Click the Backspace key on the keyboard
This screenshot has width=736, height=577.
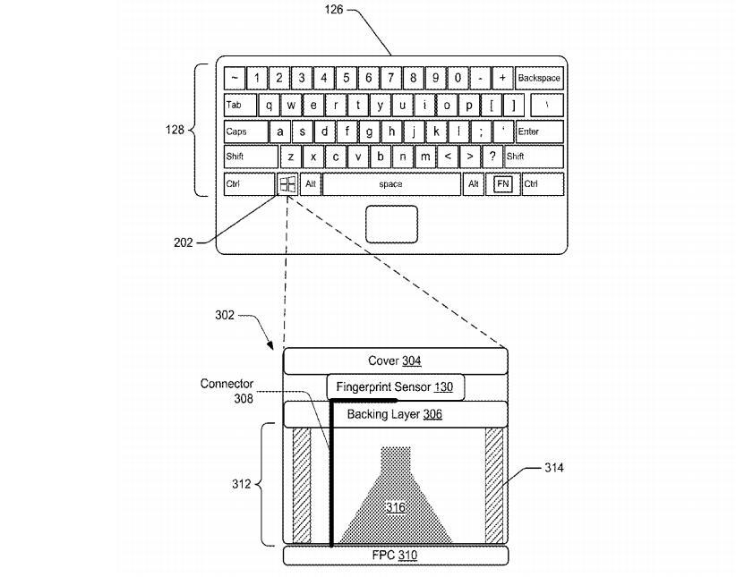[539, 78]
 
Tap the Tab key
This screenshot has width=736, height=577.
[239, 105]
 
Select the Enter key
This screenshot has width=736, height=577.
[538, 132]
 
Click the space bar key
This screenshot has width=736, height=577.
[390, 184]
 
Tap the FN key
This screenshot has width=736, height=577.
[502, 184]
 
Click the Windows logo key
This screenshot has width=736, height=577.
[287, 184]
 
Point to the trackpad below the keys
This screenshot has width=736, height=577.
[391, 224]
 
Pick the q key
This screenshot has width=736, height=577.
[269, 105]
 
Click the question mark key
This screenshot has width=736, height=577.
[492, 157]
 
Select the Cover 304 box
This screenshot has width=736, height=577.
[395, 361]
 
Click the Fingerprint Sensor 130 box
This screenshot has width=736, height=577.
[395, 387]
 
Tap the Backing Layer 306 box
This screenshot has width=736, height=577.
[395, 414]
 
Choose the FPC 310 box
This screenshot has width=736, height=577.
[395, 556]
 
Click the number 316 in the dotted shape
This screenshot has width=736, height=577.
[395, 507]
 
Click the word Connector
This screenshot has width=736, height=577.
[227, 384]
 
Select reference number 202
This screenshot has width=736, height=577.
[183, 242]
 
